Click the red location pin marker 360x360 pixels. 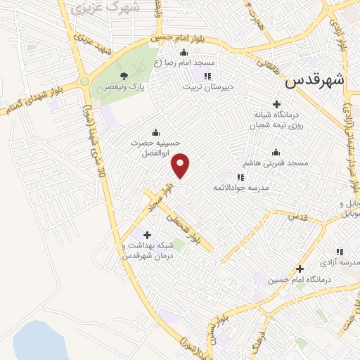pos(181,165)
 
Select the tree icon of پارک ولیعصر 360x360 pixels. pos(124,75)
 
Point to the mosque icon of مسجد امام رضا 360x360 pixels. pos(184,51)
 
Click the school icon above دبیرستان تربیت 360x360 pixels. pos(207,76)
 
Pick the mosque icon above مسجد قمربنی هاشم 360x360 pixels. pos(276,151)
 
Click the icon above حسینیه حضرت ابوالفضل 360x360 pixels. pos(155,131)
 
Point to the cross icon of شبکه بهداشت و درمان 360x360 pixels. pos(146,235)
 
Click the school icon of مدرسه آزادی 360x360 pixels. pos(340,251)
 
